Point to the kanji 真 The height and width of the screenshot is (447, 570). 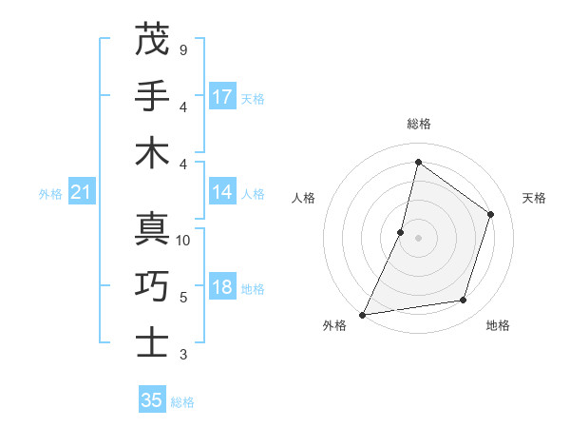click(x=152, y=229)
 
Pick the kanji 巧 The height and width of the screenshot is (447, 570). click(x=152, y=286)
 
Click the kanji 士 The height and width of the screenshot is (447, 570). click(x=152, y=342)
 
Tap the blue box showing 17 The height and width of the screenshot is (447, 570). click(x=222, y=96)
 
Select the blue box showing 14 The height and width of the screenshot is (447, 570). click(x=222, y=192)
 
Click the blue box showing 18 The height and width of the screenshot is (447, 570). click(x=222, y=288)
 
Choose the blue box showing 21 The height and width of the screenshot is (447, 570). click(x=82, y=193)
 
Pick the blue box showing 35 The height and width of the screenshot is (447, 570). click(x=152, y=400)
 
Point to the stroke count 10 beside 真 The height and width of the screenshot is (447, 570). click(x=183, y=241)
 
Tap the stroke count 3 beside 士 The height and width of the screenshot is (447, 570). click(x=182, y=355)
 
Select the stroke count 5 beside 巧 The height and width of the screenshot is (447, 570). click(x=182, y=298)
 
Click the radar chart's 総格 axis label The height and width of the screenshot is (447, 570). click(x=418, y=124)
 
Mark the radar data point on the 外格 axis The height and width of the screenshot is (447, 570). click(x=363, y=314)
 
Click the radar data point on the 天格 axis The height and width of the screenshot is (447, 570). click(x=491, y=214)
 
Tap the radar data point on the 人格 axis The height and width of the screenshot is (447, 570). click(x=401, y=232)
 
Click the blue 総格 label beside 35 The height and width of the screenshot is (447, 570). click(x=182, y=402)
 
